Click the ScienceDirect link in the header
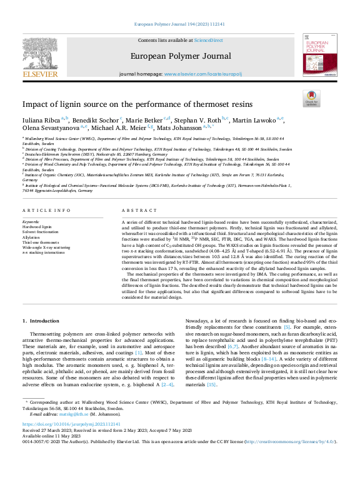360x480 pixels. point(208,40)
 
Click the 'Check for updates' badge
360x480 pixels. point(311,99)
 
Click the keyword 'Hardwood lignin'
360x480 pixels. point(37,227)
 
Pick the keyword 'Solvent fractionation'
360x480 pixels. point(42,232)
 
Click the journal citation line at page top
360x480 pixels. point(179,24)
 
